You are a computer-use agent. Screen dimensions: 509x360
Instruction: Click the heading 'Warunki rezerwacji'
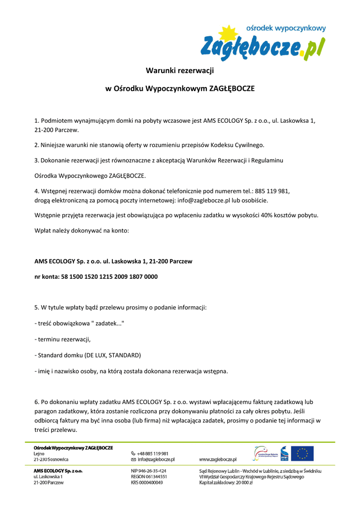click(180, 71)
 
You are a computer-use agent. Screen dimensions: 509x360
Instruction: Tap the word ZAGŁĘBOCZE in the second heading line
click(231, 88)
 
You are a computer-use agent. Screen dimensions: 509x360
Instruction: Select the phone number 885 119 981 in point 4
click(273, 191)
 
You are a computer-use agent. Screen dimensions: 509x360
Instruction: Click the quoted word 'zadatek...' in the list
click(109, 323)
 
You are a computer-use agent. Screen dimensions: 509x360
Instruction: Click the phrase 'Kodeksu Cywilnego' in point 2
click(238, 145)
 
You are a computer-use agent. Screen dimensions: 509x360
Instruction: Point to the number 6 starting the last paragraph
click(36, 401)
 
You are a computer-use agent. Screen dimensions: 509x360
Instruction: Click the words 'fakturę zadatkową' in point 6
click(278, 401)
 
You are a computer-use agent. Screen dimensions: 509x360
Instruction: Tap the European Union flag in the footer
click(302, 453)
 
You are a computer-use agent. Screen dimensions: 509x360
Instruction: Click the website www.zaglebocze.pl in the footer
click(218, 459)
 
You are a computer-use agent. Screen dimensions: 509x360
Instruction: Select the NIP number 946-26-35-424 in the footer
click(149, 470)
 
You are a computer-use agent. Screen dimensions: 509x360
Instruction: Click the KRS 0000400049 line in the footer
click(147, 482)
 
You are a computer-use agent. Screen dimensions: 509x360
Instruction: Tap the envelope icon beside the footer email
click(133, 459)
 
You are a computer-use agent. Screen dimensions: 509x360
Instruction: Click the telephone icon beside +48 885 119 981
click(133, 453)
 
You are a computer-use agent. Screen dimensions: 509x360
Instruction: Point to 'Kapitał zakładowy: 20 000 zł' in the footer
click(226, 482)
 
